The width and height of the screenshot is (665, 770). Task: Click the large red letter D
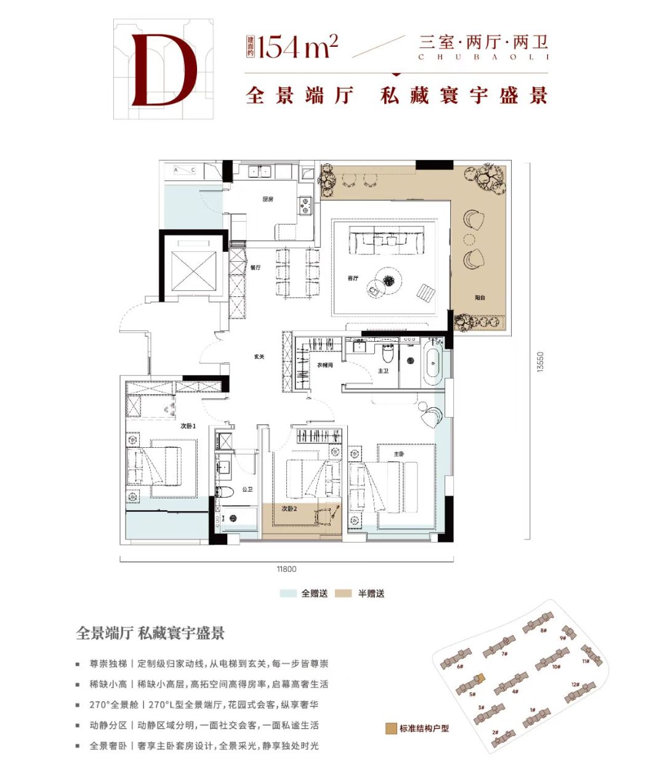tap(163, 69)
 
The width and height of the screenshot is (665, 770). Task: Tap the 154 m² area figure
tap(298, 46)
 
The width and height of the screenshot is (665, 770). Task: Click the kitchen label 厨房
tap(267, 199)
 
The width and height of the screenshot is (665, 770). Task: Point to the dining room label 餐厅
tap(256, 267)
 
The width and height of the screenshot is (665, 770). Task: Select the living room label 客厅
tap(353, 278)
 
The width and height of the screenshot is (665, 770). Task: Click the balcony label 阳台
tap(480, 298)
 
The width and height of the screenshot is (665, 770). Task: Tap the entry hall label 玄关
tap(259, 357)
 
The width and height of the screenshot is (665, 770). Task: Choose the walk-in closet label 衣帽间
tap(324, 365)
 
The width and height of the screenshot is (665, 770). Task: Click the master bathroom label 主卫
tap(382, 371)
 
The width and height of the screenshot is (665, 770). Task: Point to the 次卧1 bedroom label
tap(188, 426)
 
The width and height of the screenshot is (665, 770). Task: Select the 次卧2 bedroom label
tap(289, 509)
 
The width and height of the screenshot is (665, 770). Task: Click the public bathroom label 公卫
tap(248, 490)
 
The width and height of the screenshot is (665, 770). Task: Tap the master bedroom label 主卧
tap(398, 455)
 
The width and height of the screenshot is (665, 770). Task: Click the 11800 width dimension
tap(286, 569)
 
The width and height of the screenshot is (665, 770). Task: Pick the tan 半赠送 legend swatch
tap(344, 594)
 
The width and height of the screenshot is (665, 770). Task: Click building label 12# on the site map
tap(576, 684)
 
